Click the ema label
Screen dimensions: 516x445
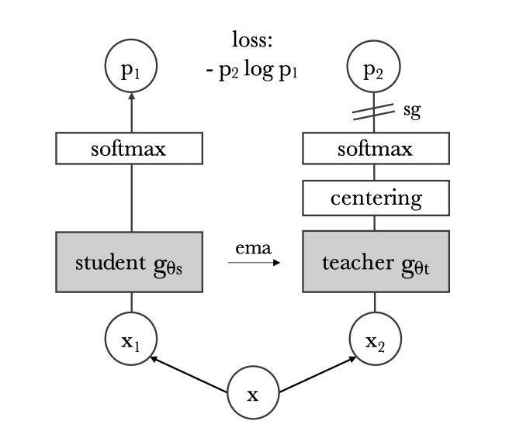254,248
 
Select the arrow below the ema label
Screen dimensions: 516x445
254,263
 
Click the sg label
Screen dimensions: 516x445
412,111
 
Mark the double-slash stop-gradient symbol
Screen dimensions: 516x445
373,112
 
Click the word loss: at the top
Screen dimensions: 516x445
252,40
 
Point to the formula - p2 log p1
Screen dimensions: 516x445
251,70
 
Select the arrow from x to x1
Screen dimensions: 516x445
189,374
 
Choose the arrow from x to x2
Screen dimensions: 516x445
318,374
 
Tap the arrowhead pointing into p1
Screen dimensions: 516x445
132,96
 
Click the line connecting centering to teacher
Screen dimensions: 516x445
375,223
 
